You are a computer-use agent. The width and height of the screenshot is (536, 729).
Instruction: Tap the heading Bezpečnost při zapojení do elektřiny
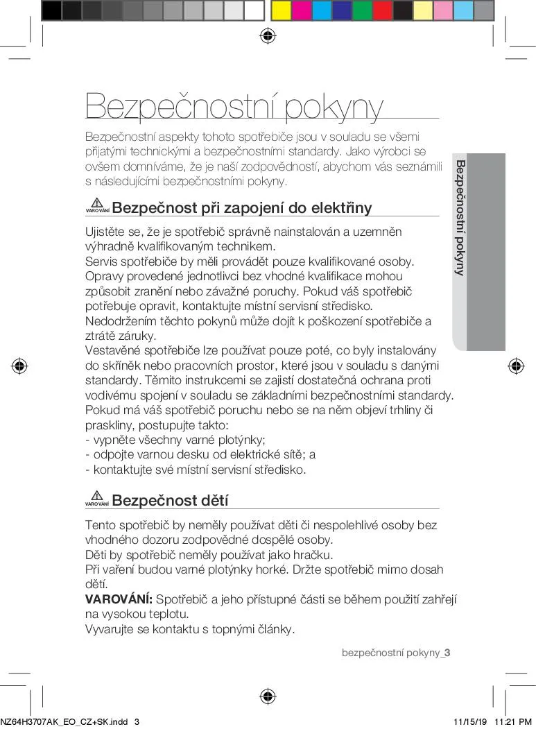click(x=241, y=208)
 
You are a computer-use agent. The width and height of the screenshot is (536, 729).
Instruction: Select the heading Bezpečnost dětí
click(x=170, y=501)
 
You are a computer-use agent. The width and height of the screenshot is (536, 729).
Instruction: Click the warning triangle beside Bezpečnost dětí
click(x=97, y=496)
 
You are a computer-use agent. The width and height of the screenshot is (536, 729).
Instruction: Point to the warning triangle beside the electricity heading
click(x=97, y=203)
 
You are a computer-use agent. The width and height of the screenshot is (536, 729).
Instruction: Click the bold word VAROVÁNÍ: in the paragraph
click(x=119, y=599)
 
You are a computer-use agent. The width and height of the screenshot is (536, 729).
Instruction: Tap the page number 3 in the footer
click(x=448, y=653)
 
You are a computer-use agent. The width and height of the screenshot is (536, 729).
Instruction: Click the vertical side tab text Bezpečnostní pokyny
click(x=459, y=218)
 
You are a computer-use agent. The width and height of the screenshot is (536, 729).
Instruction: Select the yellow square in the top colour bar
click(x=281, y=10)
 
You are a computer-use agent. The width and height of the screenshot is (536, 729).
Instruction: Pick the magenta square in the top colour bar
click(x=302, y=10)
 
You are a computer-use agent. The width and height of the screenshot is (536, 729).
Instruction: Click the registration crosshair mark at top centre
click(x=268, y=36)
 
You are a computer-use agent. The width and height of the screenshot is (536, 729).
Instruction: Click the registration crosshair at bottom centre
click(x=268, y=696)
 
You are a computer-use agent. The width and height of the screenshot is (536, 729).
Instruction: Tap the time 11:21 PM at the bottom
click(x=514, y=721)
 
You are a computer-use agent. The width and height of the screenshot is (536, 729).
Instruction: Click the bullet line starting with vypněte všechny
click(x=175, y=440)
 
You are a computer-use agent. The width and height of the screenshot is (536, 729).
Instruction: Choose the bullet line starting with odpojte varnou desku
click(x=200, y=455)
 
